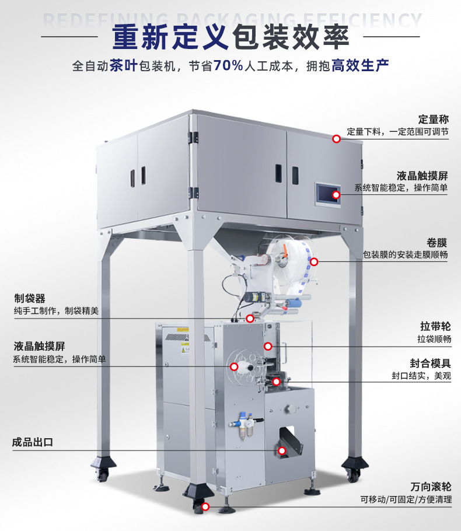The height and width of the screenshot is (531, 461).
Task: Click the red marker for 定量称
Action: pyautogui.click(x=336, y=139)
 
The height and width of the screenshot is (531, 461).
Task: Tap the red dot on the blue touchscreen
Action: pyautogui.click(x=336, y=194)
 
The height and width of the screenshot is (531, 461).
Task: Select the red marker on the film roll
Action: pyautogui.click(x=313, y=262)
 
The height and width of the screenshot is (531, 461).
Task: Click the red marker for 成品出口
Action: pyautogui.click(x=282, y=450)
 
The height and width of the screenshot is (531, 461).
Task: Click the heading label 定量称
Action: pyautogui.click(x=433, y=120)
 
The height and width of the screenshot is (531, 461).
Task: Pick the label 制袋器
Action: pyautogui.click(x=30, y=299)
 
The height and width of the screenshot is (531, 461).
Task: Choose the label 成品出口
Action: pyautogui.click(x=33, y=442)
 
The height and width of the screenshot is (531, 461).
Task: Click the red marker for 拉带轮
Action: pyautogui.click(x=268, y=346)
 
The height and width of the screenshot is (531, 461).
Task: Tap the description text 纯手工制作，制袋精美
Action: pyautogui.click(x=56, y=311)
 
